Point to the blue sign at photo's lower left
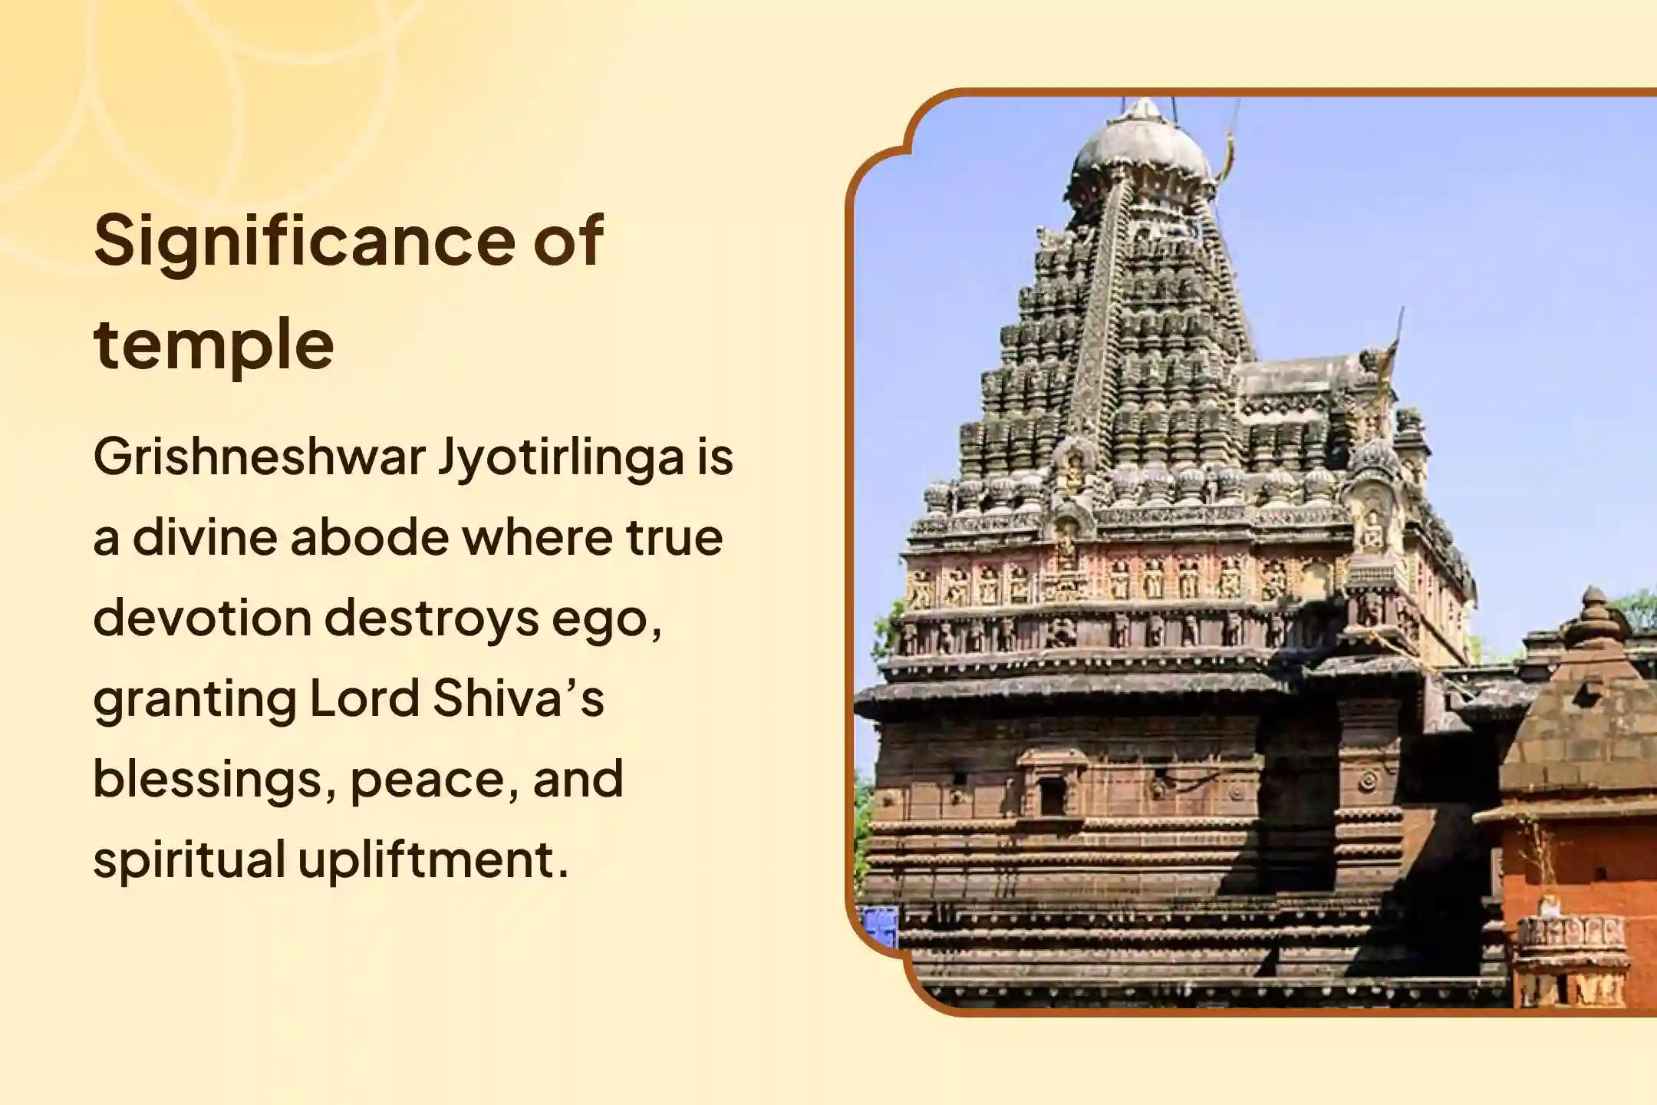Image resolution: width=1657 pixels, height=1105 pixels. tap(880, 927)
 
